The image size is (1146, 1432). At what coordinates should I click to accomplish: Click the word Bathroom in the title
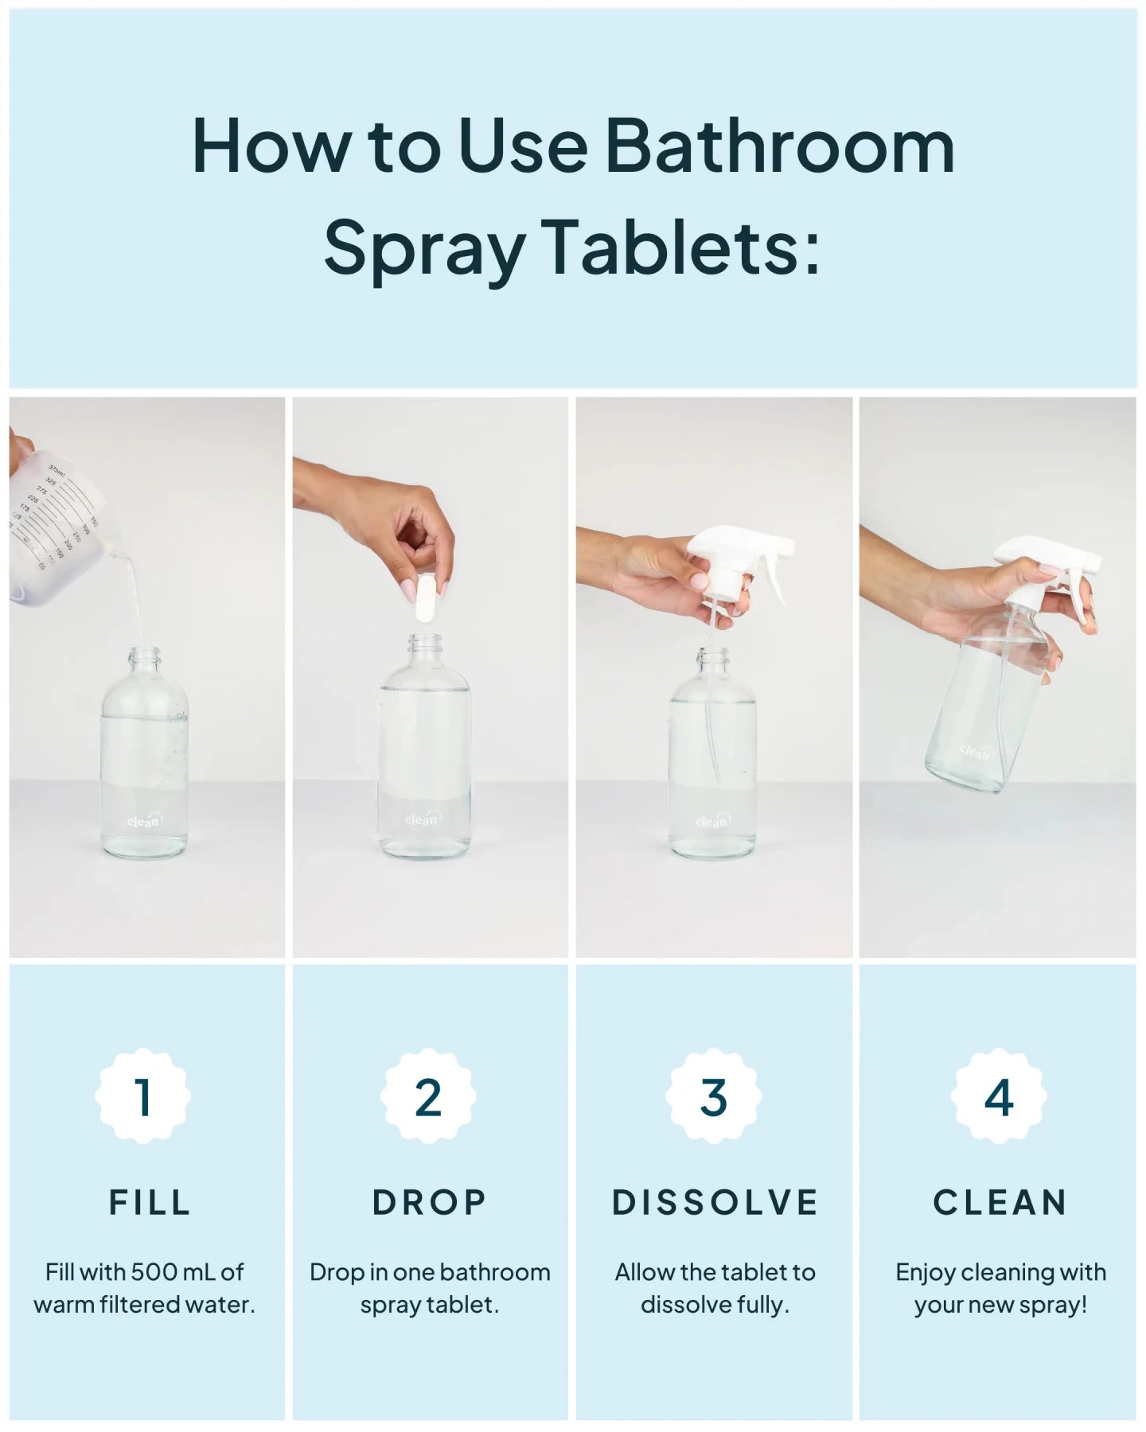tap(779, 147)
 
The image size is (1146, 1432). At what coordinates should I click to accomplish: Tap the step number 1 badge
tap(143, 1097)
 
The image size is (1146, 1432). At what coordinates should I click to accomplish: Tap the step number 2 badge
tap(428, 1097)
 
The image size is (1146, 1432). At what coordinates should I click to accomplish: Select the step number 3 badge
tap(714, 1097)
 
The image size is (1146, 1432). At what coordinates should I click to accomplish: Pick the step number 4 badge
tap(999, 1097)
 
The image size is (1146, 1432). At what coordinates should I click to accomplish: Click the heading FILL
tap(150, 1202)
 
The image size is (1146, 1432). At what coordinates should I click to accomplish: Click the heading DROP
tap(429, 1202)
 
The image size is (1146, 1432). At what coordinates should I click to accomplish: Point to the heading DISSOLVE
tap(715, 1202)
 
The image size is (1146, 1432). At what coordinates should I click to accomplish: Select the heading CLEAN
tap(1000, 1202)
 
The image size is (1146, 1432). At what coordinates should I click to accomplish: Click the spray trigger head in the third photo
tap(736, 557)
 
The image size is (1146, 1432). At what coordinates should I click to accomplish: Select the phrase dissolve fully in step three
tap(715, 1306)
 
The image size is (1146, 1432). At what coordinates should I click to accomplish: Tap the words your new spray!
tap(1000, 1306)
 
